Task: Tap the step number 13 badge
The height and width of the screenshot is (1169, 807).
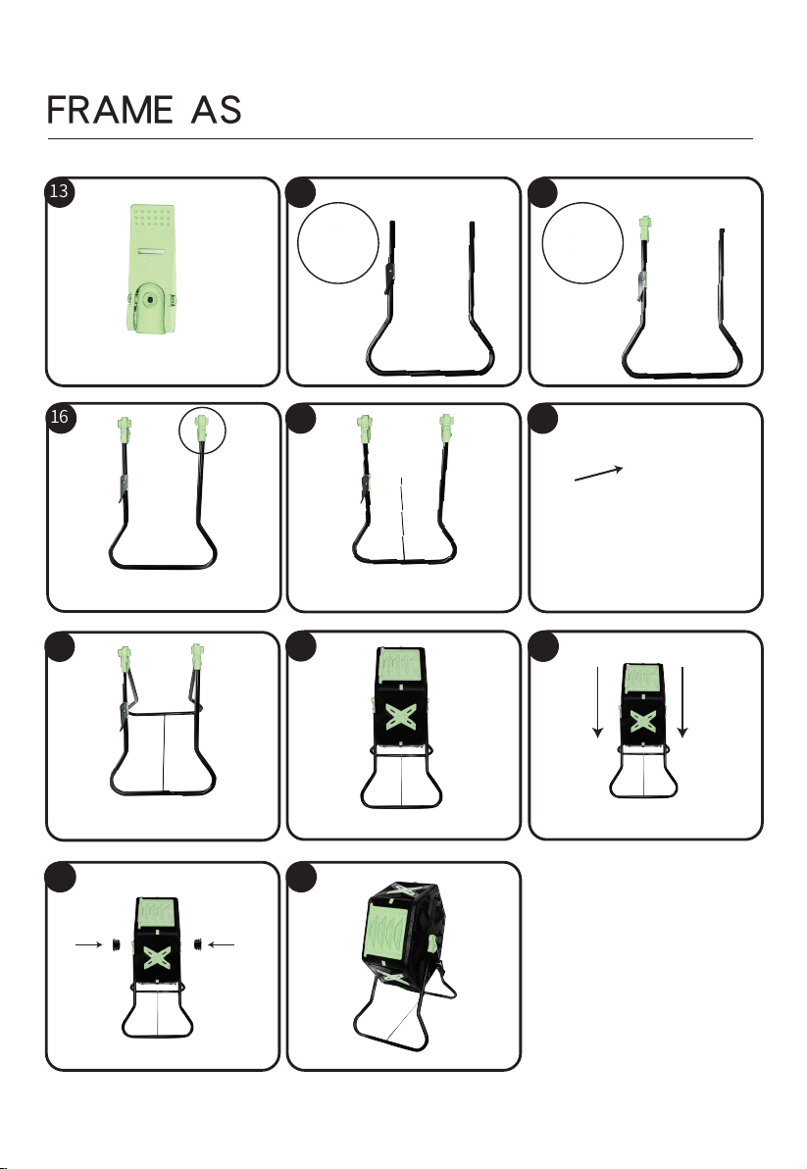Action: pos(60,192)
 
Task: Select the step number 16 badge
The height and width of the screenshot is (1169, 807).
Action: pos(60,418)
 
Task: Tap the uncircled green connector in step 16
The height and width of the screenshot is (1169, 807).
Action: pos(125,429)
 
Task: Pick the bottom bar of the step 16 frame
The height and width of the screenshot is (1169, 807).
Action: pos(161,568)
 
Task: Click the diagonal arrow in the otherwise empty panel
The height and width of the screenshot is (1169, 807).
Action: pos(599,474)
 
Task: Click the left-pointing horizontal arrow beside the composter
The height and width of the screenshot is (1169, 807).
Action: pos(223,944)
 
